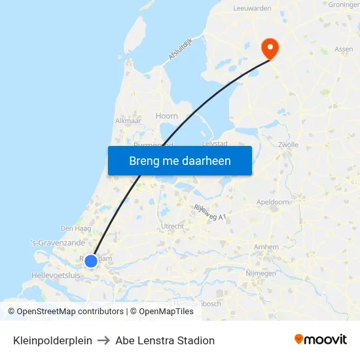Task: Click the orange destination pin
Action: pos(270,48)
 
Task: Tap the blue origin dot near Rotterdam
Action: pos(91,261)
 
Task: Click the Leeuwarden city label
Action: pos(252,8)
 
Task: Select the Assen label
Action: pos(344,49)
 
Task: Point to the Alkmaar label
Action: pos(128,121)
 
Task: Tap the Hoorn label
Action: pos(166,116)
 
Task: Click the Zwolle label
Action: pos(288,145)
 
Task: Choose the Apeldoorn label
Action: pos(273,202)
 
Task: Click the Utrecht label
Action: pos(172,226)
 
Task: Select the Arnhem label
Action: pos(266,247)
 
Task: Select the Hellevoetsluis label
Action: pos(56,276)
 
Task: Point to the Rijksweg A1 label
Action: pos(210,211)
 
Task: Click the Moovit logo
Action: pos(320,340)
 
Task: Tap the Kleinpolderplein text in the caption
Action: pos(52,340)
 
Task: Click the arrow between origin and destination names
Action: pos(103,340)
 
